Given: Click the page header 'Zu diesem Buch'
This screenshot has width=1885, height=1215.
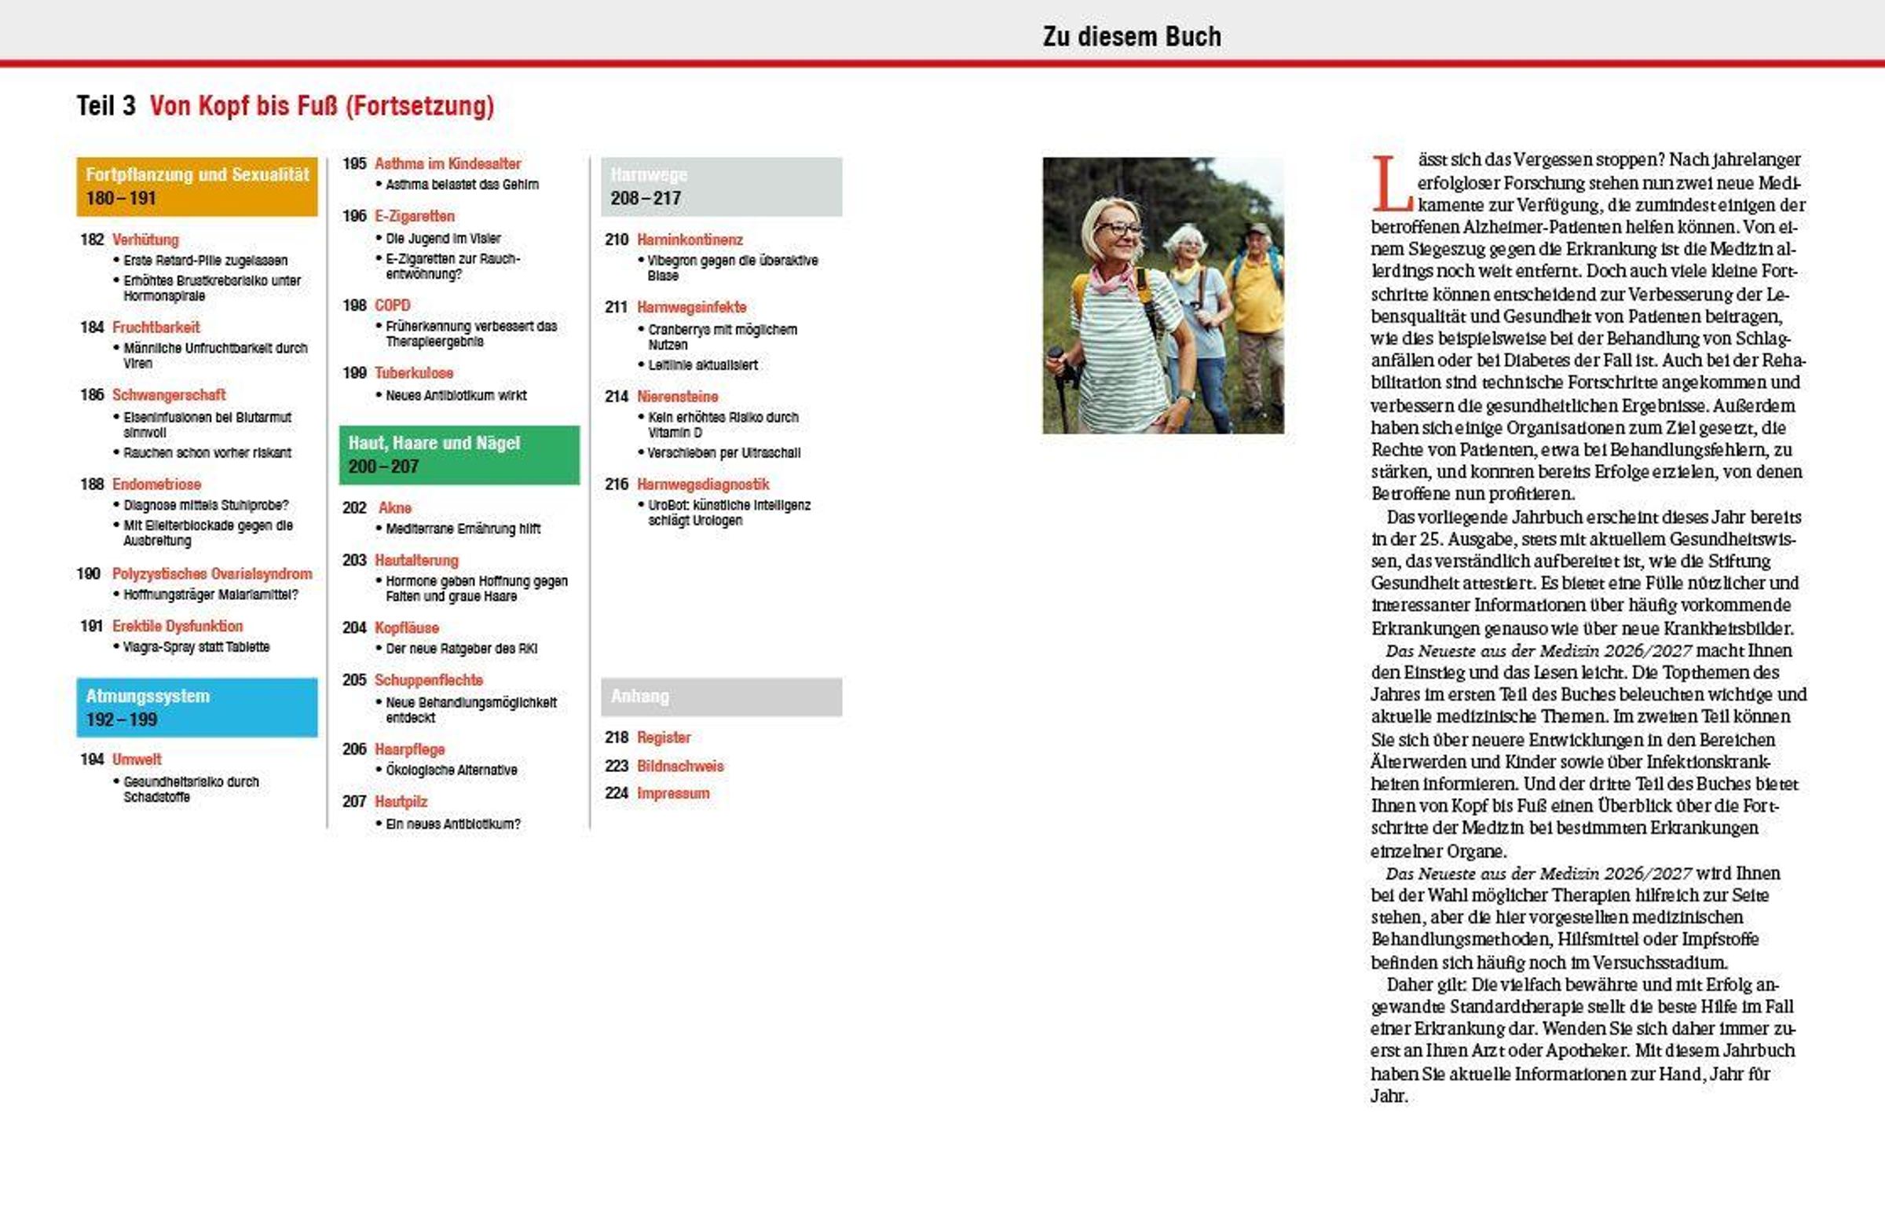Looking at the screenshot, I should pos(1131,36).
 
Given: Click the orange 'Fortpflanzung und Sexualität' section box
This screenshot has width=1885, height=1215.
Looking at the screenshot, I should pos(196,186).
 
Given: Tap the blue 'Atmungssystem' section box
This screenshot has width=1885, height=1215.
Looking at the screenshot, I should pos(196,707).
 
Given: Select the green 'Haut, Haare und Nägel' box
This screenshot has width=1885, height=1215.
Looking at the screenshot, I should pos(459,455).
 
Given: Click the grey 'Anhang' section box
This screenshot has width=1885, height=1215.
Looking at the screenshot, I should pos(720,697).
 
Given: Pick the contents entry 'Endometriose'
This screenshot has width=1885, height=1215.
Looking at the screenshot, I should pos(156,485).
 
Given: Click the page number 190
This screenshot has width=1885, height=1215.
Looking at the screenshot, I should pos(89,573).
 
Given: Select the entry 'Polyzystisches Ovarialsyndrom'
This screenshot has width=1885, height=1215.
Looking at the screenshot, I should pos(211,573).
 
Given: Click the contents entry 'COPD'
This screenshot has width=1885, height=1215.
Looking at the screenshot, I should pos(392,306).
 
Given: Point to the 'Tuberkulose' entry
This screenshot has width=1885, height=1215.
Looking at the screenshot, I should pos(413,373).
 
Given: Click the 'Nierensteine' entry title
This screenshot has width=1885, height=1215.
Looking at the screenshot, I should pos(677,397).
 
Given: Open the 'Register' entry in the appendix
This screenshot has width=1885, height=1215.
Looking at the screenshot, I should pos(664,737).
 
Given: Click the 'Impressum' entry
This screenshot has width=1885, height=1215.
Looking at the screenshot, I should pos(673,794).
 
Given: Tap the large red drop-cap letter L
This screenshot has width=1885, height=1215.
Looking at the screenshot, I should pos(1390,184).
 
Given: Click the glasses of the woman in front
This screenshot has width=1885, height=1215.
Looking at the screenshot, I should pos(1118,229).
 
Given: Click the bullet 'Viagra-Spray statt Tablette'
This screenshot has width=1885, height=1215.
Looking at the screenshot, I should pos(196,647).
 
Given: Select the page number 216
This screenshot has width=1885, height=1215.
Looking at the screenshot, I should pos(617,485).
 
